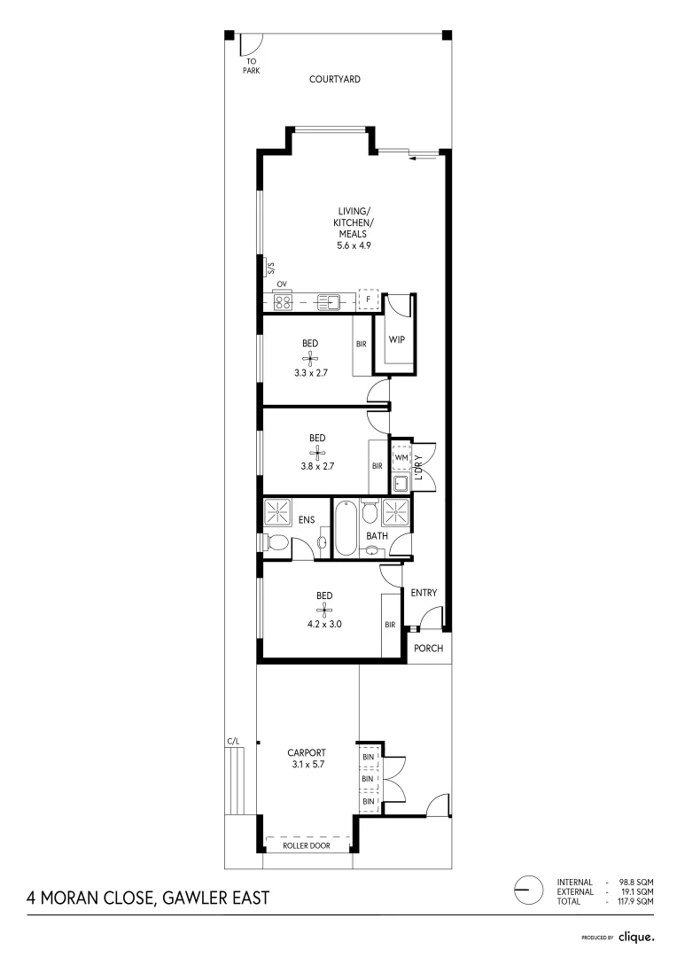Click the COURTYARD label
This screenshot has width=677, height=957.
[x=335, y=79]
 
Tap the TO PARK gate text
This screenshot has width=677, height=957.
[x=252, y=66]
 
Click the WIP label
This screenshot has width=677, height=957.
[x=396, y=339]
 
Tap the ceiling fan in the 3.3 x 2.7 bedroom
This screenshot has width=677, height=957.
[x=311, y=358]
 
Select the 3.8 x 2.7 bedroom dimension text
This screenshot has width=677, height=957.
[x=317, y=463]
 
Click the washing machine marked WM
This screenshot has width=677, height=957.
[x=401, y=457]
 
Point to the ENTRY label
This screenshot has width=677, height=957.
[x=424, y=593]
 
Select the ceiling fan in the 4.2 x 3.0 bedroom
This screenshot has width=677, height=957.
[x=324, y=609]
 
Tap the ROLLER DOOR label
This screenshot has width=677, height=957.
[x=307, y=846]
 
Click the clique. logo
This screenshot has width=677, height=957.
[x=635, y=936]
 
